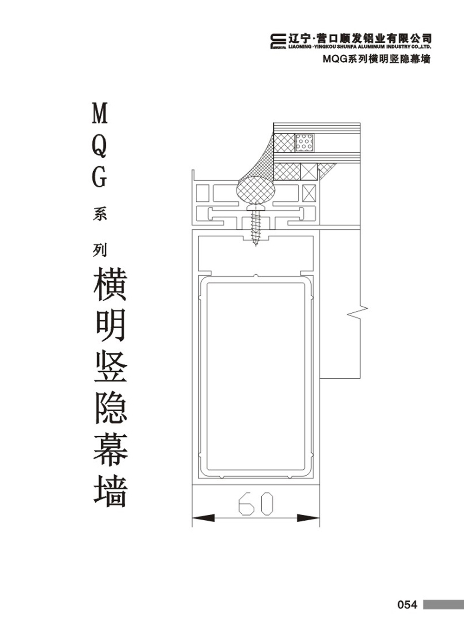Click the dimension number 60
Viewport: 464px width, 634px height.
pos(256,504)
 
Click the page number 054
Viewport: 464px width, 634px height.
pos(407,604)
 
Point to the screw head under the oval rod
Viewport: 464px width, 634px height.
pos(256,207)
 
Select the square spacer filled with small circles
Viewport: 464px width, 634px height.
pos(304,142)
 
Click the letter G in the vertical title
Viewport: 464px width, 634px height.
pos(99,178)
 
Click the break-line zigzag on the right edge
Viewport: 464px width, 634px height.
pos(357,311)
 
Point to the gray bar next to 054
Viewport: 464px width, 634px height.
pos(443,604)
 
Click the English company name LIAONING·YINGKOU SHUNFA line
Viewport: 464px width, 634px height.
pos(360,47)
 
